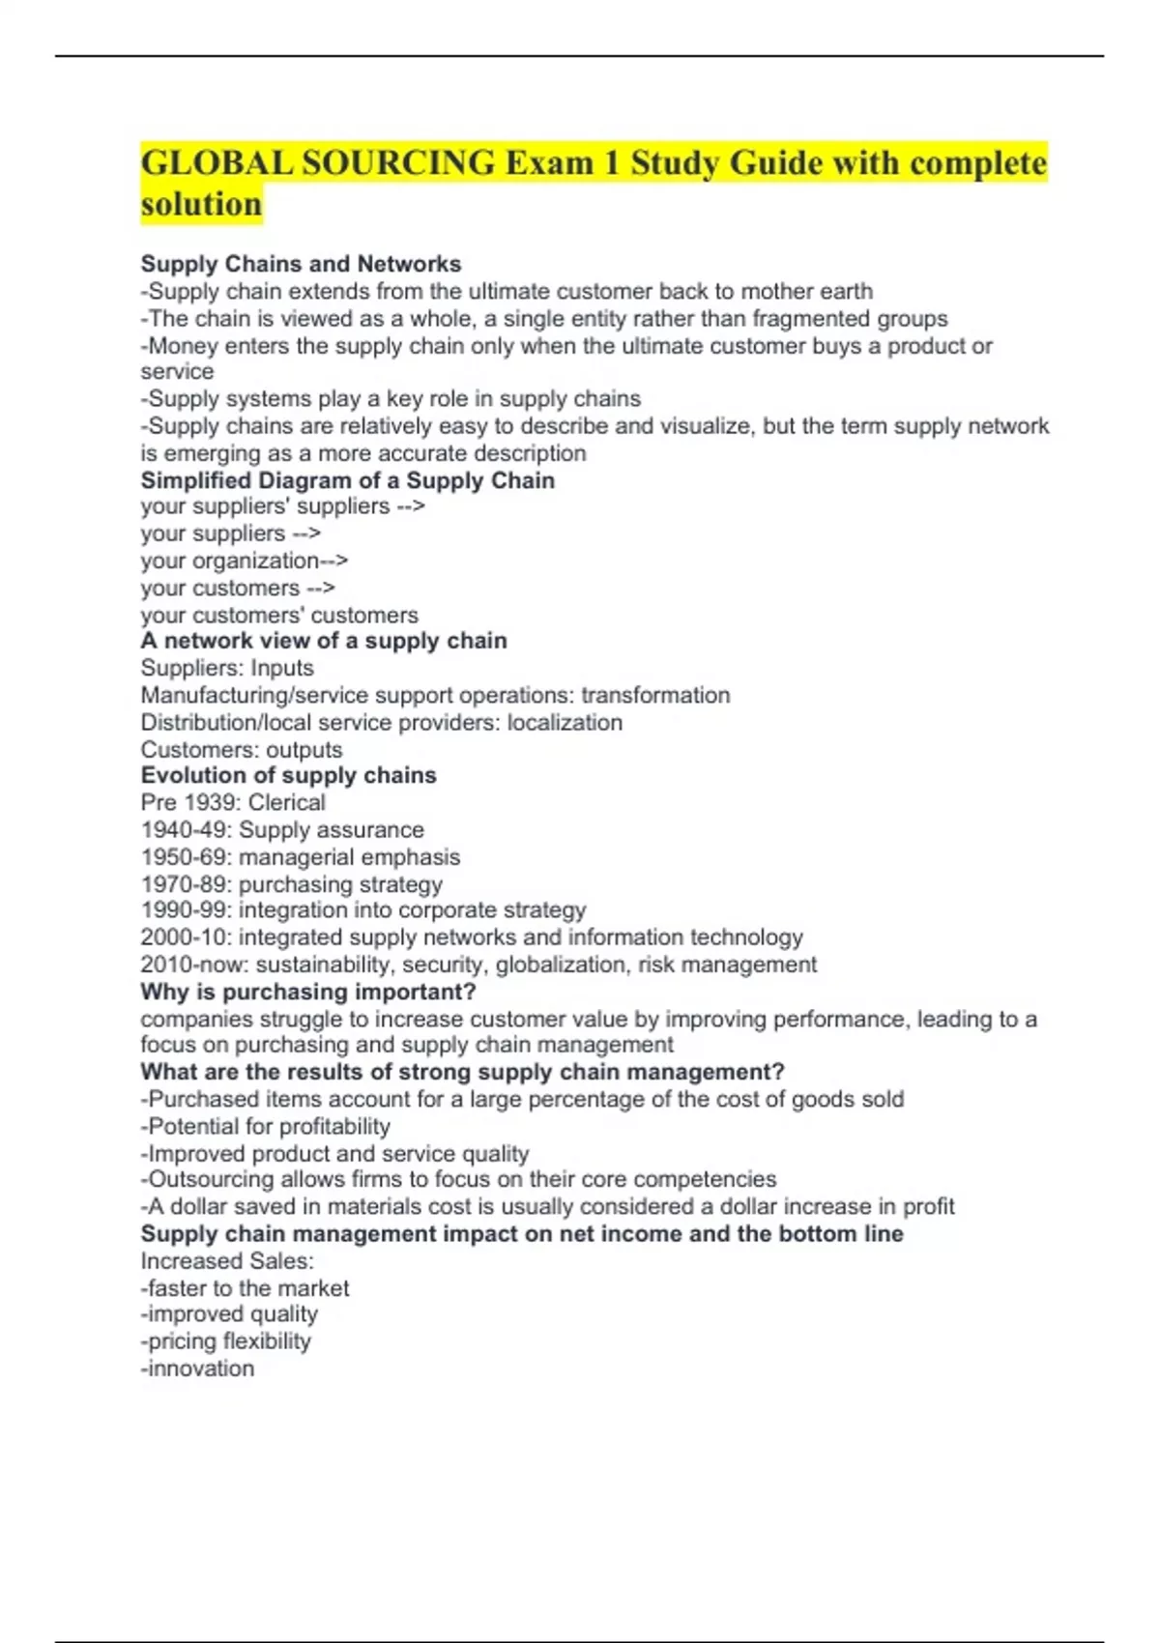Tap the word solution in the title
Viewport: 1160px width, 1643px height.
(201, 204)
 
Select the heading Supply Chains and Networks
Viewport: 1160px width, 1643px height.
(301, 264)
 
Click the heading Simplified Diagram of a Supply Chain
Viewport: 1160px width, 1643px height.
(347, 480)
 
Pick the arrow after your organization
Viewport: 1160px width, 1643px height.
(334, 561)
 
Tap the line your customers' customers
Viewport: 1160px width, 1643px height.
(279, 615)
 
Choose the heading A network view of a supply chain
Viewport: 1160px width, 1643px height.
(323, 641)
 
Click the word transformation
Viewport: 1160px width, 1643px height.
(655, 695)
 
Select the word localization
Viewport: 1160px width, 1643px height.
(565, 722)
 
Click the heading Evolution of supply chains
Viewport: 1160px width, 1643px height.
(288, 775)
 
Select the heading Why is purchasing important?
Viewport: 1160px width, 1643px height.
(307, 992)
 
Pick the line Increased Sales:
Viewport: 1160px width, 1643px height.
(226, 1261)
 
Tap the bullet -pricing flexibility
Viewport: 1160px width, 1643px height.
(225, 1341)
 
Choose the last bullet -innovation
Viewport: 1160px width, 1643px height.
(197, 1369)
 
